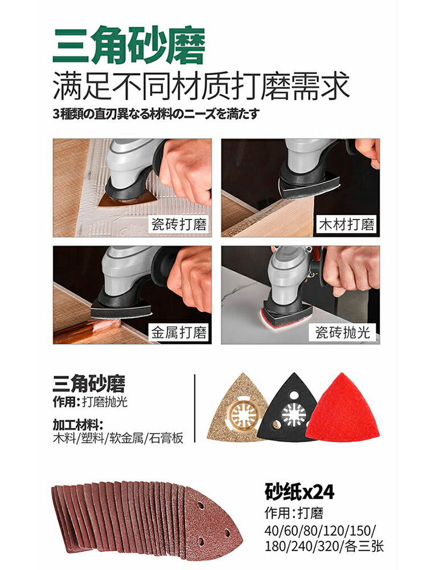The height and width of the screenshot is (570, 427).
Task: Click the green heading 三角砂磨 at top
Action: point(129,46)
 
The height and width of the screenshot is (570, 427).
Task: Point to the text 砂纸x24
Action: point(299,491)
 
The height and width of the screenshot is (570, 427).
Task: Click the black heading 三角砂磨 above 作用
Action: point(88,384)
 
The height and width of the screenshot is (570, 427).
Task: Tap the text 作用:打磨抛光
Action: point(91,402)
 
